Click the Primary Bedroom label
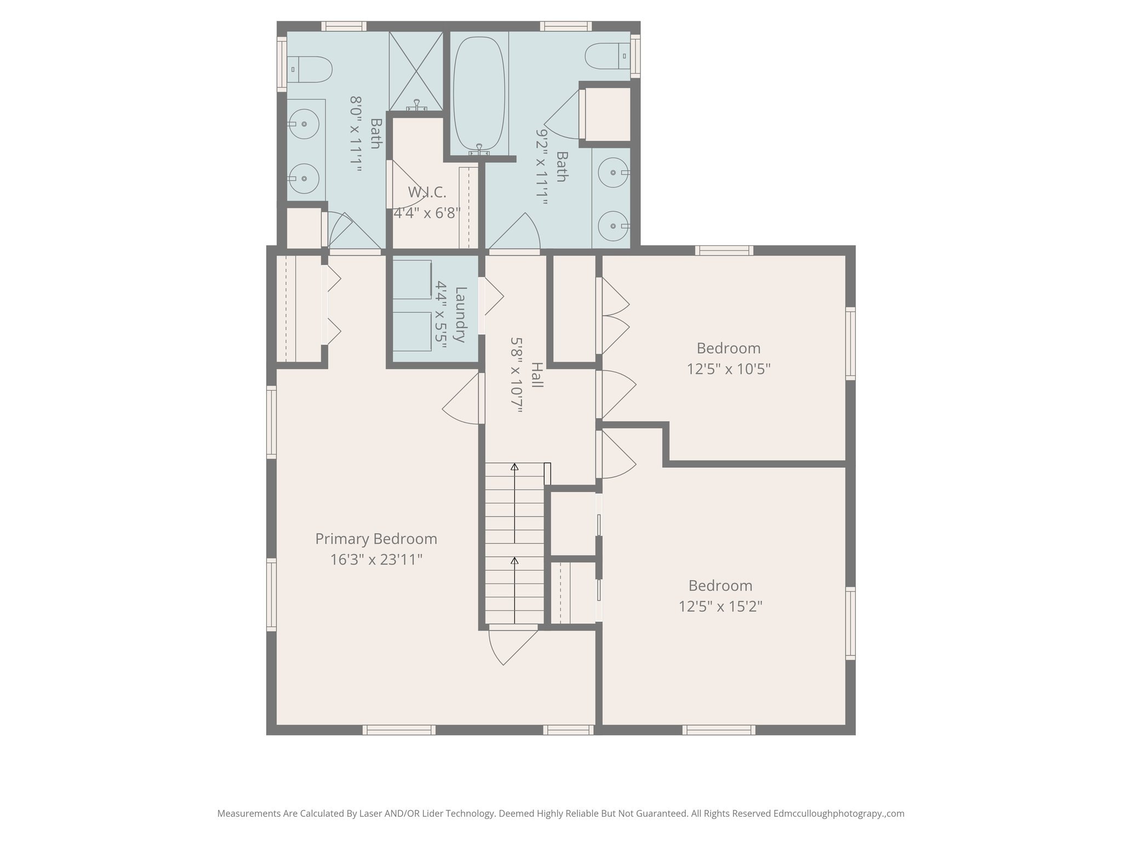(376, 539)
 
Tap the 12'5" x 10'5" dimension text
(729, 369)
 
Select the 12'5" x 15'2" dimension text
(720, 606)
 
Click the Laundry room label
(460, 315)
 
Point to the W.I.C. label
(427, 192)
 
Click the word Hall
(537, 375)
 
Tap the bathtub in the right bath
(479, 94)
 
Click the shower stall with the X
(416, 71)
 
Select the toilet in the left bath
(310, 70)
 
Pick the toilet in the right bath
(608, 56)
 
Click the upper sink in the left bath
(304, 124)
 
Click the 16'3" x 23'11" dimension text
(376, 560)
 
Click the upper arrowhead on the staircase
(514, 467)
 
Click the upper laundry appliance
(413, 280)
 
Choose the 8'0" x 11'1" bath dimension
(356, 135)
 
